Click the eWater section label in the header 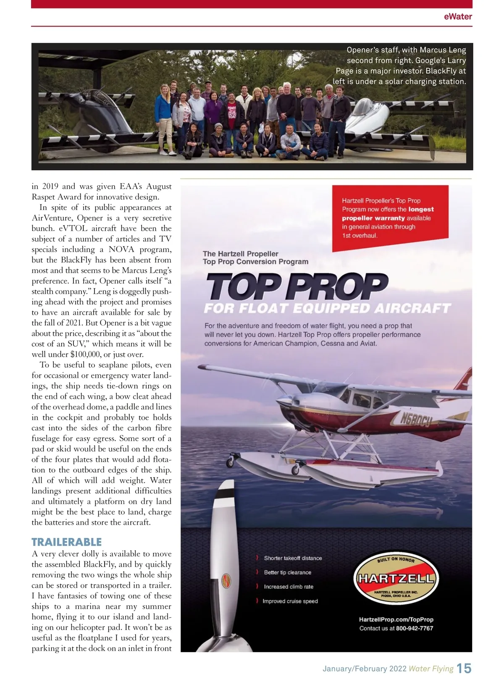point(458,17)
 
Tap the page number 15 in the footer point(464,668)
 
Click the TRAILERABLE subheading point(67,542)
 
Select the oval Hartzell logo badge point(396,578)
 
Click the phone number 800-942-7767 point(415,628)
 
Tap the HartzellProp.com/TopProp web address point(396,619)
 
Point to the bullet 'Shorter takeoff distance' point(293,558)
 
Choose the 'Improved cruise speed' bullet point(290,601)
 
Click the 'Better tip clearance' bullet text point(287,572)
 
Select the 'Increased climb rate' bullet point(289,587)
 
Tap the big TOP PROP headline point(297,286)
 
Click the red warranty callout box point(390,218)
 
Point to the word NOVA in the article point(121,249)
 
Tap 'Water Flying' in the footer point(431,669)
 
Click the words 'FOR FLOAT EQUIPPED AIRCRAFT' point(327,309)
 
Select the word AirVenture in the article point(52,218)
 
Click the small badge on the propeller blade point(226,583)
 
